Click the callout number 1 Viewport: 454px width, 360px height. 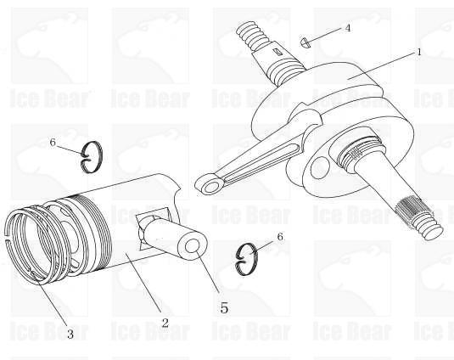coord(418,52)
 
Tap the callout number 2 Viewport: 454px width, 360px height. coord(165,323)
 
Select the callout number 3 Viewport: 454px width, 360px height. coord(70,334)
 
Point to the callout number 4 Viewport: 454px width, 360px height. coord(348,28)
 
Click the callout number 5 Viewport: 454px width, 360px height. coord(224,307)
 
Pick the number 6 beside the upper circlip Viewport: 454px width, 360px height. coord(53,142)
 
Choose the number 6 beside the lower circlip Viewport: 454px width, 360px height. coord(280,237)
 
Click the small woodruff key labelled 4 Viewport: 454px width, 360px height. coord(305,42)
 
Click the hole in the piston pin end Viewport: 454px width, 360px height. coord(193,246)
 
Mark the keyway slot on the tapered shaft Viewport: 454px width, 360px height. coord(278,52)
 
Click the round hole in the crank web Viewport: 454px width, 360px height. coord(320,168)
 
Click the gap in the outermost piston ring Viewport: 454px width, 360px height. coord(7,236)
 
